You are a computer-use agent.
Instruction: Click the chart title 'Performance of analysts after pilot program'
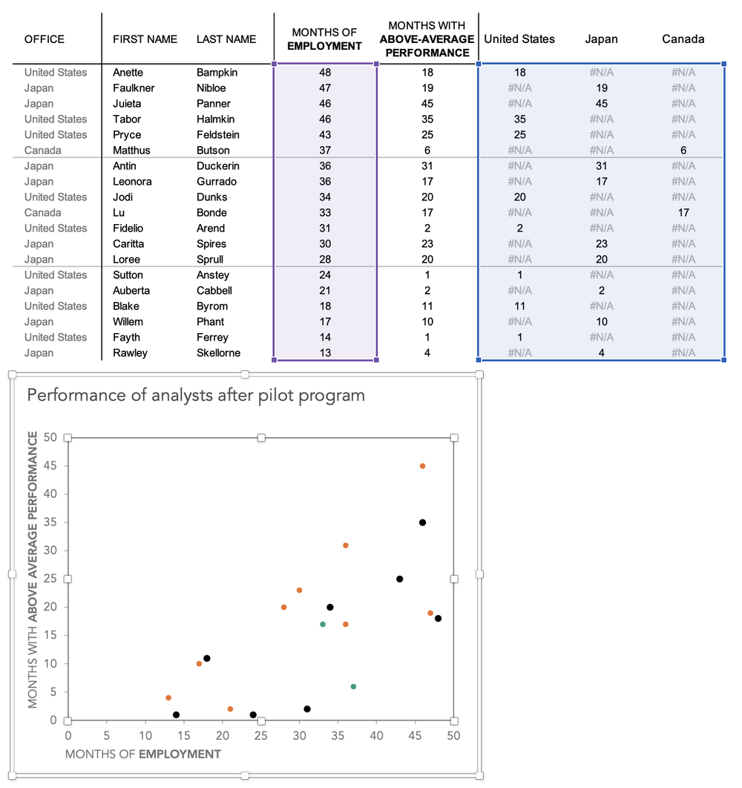[x=196, y=395]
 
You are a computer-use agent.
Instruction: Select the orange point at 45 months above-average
[x=422, y=466]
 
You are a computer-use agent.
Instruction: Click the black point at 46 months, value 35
[x=422, y=522]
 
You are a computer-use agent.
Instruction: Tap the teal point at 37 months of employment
[x=353, y=686]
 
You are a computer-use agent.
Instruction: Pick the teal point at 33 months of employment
[x=322, y=624]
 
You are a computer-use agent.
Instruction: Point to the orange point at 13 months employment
[x=168, y=697]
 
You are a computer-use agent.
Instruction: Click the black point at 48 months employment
[x=438, y=618]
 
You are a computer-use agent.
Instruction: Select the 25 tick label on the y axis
[x=50, y=579]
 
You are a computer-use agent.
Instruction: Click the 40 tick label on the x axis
[x=376, y=735]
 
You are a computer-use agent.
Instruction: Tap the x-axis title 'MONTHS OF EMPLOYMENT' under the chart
[x=143, y=755]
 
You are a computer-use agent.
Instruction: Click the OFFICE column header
[x=45, y=39]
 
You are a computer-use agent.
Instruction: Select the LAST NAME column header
[x=226, y=39]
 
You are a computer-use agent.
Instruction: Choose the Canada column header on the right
[x=683, y=39]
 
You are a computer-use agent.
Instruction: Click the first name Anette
[x=128, y=73]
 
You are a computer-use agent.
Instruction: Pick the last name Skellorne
[x=218, y=353]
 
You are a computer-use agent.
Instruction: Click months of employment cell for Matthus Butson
[x=325, y=151]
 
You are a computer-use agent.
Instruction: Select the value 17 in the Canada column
[x=683, y=213]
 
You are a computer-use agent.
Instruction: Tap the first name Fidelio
[x=128, y=229]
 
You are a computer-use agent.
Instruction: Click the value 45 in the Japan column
[x=601, y=104]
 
